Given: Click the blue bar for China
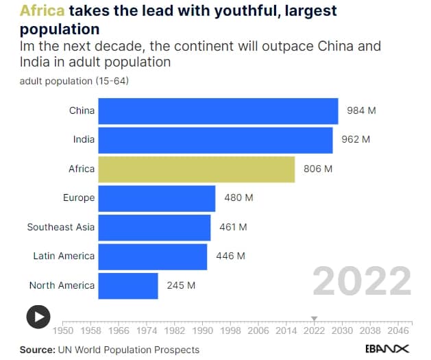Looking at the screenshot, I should tap(218, 111).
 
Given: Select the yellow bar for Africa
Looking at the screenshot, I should tap(196, 169).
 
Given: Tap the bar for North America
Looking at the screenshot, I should tap(128, 285).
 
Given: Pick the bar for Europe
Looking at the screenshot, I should tap(156, 198).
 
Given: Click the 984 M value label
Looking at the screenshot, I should tap(362, 111).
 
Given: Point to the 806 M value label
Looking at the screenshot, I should tap(318, 169).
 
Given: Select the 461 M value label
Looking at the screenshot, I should tap(233, 227).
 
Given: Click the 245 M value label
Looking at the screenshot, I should tap(181, 285).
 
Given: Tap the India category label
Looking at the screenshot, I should tap(84, 140).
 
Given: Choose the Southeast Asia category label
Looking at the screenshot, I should tap(61, 227).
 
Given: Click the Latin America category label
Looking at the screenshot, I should tap(64, 256).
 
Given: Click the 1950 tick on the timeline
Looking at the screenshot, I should tap(63, 330).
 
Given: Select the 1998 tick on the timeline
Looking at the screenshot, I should tap(230, 330).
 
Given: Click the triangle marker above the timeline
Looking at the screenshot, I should tap(315, 318).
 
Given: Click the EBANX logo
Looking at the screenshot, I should tap(386, 349).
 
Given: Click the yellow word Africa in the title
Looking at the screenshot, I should tap(42, 12).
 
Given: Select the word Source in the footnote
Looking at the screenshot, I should tap(36, 350).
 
